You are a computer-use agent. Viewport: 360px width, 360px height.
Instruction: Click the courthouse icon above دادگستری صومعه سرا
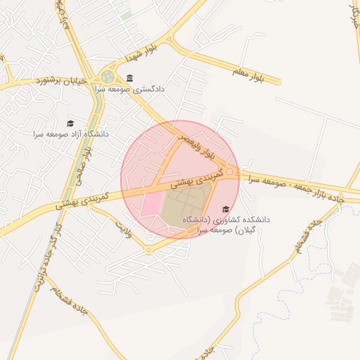click(129, 78)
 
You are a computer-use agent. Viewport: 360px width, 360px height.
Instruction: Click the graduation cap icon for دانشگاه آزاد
click(70, 123)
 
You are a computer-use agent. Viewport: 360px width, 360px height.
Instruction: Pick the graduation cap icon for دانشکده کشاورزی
click(226, 209)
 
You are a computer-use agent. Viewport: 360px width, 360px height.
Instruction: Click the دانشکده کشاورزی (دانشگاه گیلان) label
click(225, 224)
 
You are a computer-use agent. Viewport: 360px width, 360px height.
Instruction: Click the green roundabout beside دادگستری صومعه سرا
click(108, 77)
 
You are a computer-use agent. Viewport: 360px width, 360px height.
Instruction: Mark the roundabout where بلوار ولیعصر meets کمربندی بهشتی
click(230, 172)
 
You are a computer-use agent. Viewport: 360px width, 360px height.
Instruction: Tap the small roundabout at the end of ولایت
click(148, 250)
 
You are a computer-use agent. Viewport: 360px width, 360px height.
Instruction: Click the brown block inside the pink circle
click(181, 211)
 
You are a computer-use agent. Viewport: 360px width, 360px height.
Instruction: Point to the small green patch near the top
click(126, 15)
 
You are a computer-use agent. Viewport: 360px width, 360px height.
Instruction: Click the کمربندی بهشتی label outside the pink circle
click(82, 200)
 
